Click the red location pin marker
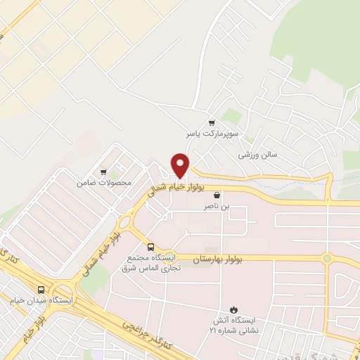click(181, 165)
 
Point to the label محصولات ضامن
click(105, 183)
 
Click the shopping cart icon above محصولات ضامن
click(103, 172)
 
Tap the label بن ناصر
click(217, 207)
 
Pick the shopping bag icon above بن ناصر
click(217, 195)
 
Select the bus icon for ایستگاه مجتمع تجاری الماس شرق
click(150, 247)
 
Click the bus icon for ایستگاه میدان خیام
click(41, 290)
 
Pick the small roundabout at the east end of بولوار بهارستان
click(327, 259)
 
